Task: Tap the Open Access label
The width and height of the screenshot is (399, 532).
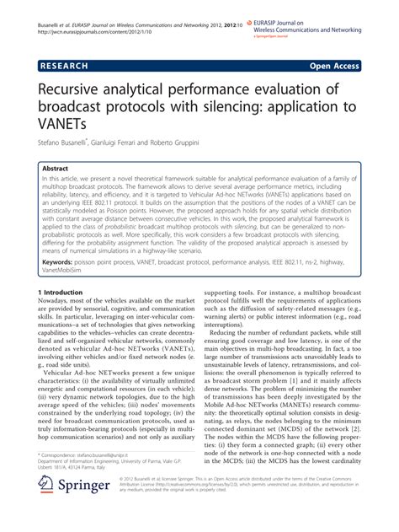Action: tap(334, 64)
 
